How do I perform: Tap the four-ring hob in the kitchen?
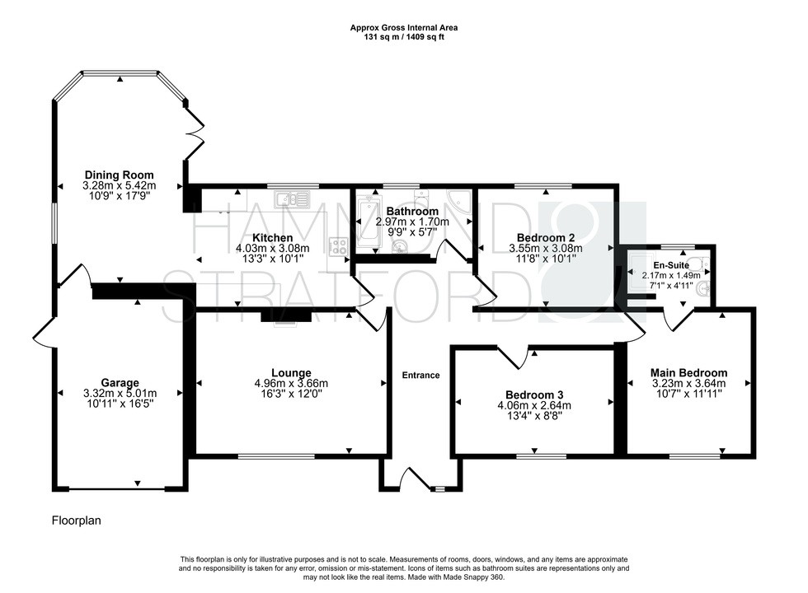click(x=338, y=245)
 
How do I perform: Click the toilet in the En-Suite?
click(x=702, y=288)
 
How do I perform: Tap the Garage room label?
click(x=120, y=382)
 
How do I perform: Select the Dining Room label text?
click(x=120, y=175)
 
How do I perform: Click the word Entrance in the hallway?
click(x=420, y=376)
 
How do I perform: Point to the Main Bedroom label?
click(x=688, y=371)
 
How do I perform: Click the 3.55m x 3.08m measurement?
click(x=544, y=248)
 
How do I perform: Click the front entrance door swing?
click(x=410, y=479)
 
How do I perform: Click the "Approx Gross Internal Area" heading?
click(x=403, y=27)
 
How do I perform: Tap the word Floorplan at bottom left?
click(x=77, y=521)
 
